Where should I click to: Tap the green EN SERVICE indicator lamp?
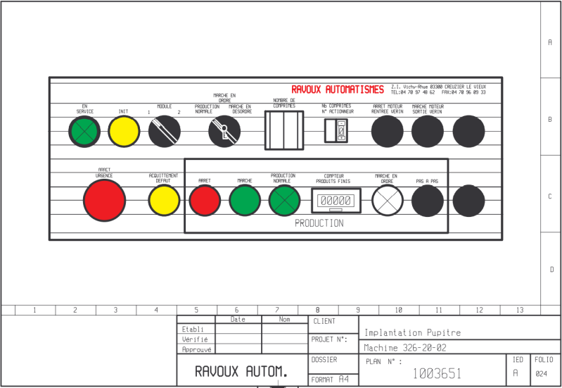[x=84, y=132]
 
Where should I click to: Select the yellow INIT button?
[x=124, y=132]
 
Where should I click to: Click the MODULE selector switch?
[x=165, y=132]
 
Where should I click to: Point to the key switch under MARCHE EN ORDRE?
[x=224, y=131]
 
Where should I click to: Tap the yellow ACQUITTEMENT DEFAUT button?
[x=164, y=201]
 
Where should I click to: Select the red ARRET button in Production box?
[x=205, y=201]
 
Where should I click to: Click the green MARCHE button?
[x=245, y=201]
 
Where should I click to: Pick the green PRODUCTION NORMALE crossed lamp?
[x=284, y=201]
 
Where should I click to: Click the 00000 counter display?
[x=336, y=201]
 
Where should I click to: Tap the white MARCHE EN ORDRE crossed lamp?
[x=387, y=201]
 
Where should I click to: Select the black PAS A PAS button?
[x=427, y=201]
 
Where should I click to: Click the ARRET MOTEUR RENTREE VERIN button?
[x=387, y=131]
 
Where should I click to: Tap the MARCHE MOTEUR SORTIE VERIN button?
[x=428, y=131]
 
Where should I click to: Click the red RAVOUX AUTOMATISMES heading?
[x=338, y=89]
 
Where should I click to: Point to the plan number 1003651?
[x=438, y=373]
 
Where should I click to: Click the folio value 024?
[x=541, y=374]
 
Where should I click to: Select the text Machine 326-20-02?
[x=405, y=348]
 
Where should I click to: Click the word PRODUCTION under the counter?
[x=319, y=223]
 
